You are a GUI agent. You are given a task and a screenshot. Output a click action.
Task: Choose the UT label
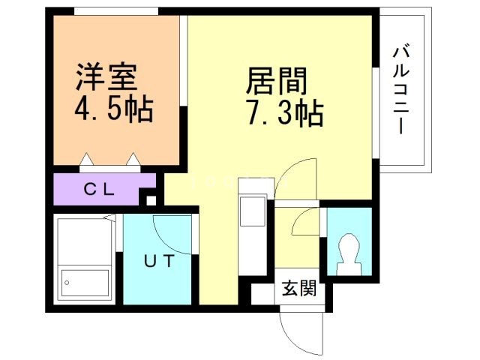click(x=159, y=262)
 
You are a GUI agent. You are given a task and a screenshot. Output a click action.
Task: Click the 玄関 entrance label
click(x=298, y=286)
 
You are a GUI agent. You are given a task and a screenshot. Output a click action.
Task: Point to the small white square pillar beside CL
click(x=151, y=200)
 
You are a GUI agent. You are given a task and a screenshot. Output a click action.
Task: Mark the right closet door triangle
click(x=133, y=159)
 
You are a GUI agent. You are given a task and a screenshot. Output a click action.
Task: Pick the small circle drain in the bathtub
click(x=67, y=283)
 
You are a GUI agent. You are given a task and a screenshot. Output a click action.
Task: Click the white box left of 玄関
click(x=262, y=293)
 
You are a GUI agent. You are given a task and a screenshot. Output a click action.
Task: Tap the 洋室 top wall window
click(x=115, y=11)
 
